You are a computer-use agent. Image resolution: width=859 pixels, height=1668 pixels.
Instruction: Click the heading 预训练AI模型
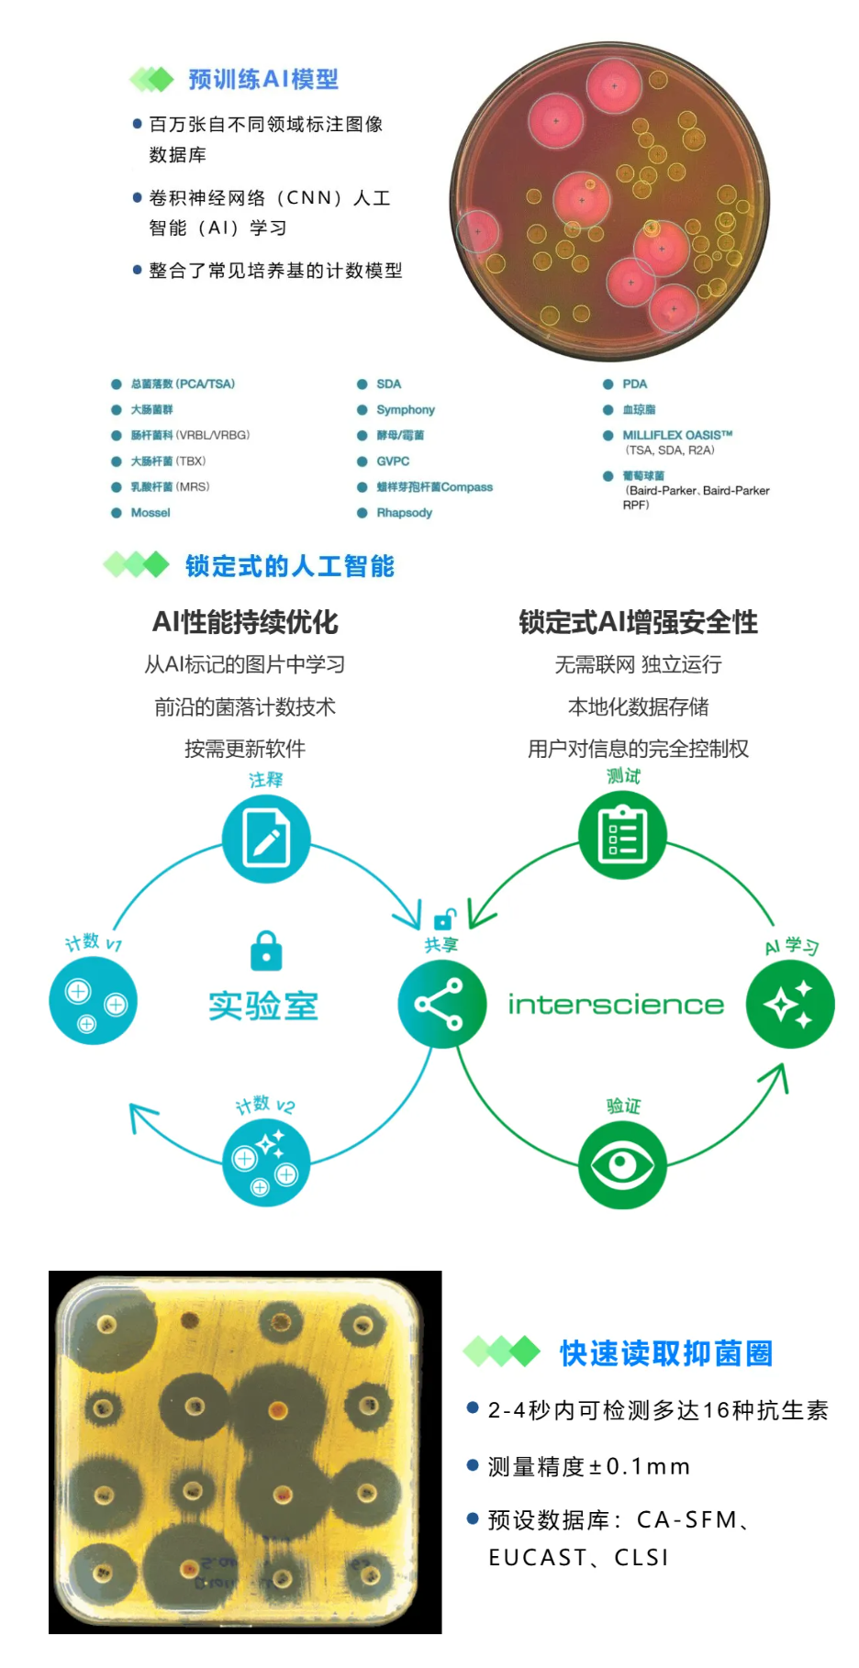click(263, 80)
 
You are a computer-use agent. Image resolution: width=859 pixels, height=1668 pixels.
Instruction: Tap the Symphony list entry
click(405, 410)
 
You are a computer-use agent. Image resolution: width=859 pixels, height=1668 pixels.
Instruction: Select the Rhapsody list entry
click(404, 513)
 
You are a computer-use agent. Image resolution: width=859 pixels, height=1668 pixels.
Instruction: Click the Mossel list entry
click(151, 513)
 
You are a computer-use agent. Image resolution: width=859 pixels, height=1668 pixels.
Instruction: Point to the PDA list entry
click(634, 384)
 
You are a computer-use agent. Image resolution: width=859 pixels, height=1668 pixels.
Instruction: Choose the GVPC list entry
click(393, 461)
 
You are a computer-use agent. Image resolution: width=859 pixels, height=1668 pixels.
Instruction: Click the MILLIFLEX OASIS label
click(677, 435)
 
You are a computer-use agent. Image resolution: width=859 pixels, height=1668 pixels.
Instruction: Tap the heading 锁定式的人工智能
click(289, 566)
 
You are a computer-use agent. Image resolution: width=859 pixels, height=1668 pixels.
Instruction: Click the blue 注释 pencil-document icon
click(266, 839)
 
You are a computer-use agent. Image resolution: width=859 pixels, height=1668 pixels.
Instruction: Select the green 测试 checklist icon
click(622, 835)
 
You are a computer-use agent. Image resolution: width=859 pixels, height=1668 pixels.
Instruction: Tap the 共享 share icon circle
click(441, 1004)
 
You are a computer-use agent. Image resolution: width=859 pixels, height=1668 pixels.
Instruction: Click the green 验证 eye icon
click(622, 1165)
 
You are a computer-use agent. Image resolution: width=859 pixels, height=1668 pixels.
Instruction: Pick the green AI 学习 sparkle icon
click(790, 1004)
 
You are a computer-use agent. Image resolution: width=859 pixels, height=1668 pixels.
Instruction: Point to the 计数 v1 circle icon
click(93, 1000)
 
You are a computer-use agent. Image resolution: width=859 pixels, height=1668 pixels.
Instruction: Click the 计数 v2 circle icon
click(266, 1162)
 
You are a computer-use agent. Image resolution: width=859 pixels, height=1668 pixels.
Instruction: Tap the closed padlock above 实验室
click(266, 951)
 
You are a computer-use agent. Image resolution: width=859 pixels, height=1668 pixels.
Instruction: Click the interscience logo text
click(616, 1005)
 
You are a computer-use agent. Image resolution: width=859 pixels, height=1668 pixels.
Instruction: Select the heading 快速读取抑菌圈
click(666, 1353)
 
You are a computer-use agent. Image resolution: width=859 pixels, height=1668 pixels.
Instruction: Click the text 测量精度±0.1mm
click(588, 1467)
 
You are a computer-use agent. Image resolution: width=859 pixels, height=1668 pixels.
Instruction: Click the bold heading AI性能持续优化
click(245, 623)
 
